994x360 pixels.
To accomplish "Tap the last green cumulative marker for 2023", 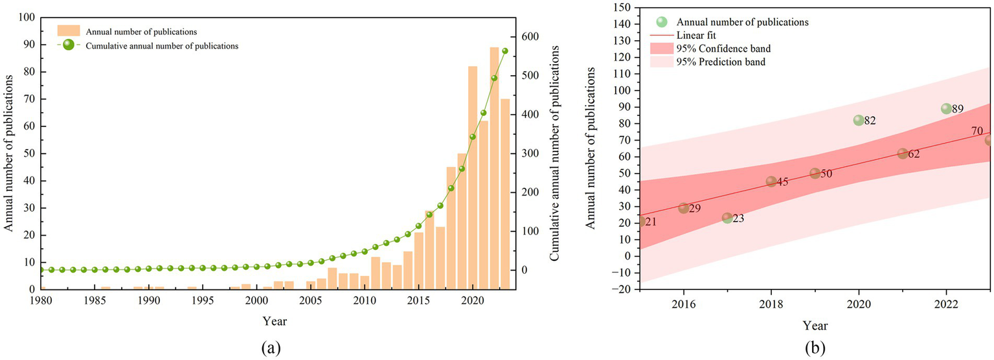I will [x=505, y=51].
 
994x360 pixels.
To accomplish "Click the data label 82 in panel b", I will [x=870, y=121].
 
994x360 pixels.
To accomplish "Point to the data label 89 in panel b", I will [x=958, y=109].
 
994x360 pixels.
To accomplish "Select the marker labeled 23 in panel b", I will [x=727, y=218].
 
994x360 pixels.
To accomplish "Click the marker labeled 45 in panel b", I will [x=771, y=182].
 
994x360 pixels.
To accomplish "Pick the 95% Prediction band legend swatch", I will [x=661, y=62].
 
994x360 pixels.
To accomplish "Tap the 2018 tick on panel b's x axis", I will [x=771, y=303].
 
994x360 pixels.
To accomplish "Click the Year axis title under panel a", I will [x=275, y=321].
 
